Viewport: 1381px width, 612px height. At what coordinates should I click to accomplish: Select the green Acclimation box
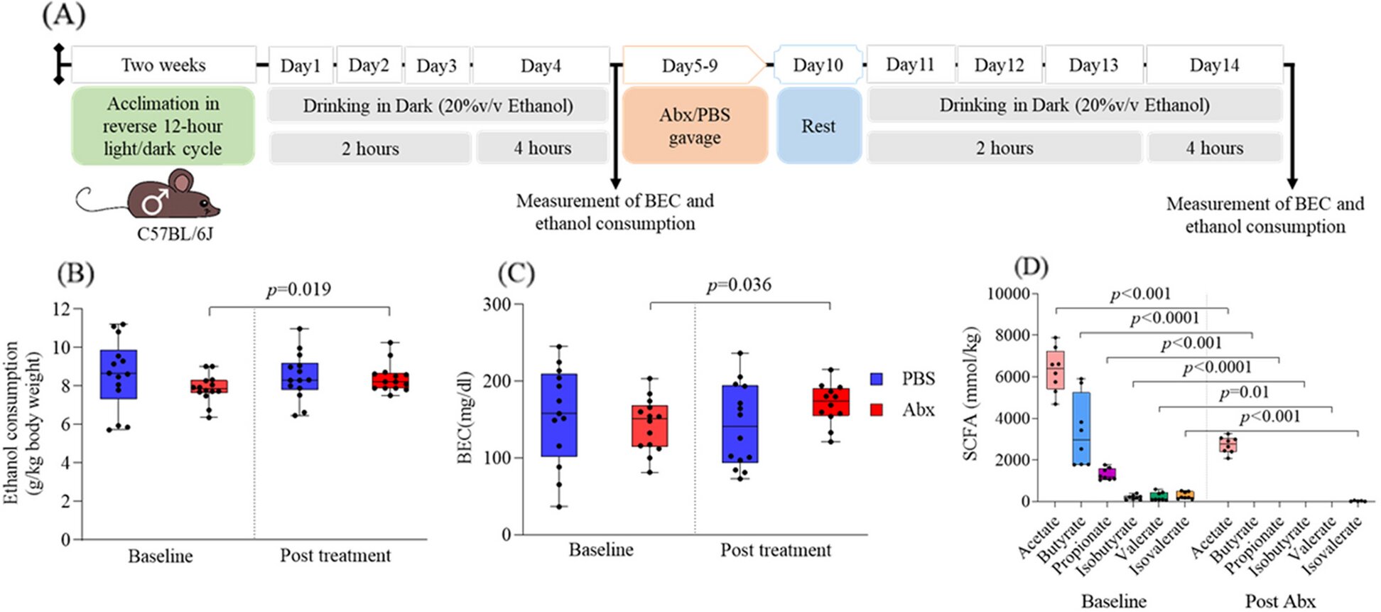[x=163, y=126]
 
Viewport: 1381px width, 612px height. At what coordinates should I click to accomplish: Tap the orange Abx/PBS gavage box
[x=695, y=126]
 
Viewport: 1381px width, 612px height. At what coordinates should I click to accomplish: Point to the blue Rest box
[x=818, y=126]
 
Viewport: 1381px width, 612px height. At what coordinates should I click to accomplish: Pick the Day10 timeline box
[x=818, y=65]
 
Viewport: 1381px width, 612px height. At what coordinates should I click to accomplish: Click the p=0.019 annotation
[x=298, y=289]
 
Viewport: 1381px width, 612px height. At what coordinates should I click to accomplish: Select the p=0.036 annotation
[x=739, y=285]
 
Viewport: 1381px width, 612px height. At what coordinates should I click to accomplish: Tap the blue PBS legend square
[x=877, y=379]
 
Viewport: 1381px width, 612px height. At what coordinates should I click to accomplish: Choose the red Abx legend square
[x=877, y=409]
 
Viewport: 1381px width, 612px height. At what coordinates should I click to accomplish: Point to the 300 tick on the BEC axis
[x=497, y=304]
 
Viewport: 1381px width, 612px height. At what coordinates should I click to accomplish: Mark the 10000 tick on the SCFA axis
[x=1009, y=294]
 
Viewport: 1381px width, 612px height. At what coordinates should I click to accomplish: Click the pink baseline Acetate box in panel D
[x=1055, y=370]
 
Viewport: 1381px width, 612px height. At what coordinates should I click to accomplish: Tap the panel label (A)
[x=64, y=15]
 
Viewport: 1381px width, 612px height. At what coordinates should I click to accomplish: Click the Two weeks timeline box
[x=163, y=65]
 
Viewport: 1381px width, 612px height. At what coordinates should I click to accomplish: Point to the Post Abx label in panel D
[x=1280, y=601]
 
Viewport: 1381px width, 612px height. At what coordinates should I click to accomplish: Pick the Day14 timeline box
[x=1214, y=65]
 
